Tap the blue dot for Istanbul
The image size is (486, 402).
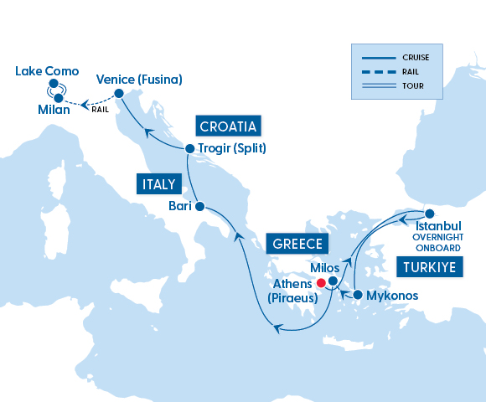[x=430, y=212]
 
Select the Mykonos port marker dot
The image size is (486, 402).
[x=358, y=295]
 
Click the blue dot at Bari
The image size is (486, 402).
[x=199, y=205]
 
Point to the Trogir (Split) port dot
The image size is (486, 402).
[x=189, y=149]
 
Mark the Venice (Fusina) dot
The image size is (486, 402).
[x=118, y=93]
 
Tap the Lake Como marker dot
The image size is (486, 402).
[x=54, y=84]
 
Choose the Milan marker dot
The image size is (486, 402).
[x=58, y=99]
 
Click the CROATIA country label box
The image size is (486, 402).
[x=229, y=126]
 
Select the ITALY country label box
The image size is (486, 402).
[x=158, y=183]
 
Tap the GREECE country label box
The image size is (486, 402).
[x=296, y=244]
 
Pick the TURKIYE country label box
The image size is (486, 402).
[x=429, y=267]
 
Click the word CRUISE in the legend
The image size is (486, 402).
[x=416, y=57]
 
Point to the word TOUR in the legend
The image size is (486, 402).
[x=411, y=85]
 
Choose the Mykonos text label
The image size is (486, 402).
[x=392, y=296]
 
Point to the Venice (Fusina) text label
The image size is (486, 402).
[x=139, y=79]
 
